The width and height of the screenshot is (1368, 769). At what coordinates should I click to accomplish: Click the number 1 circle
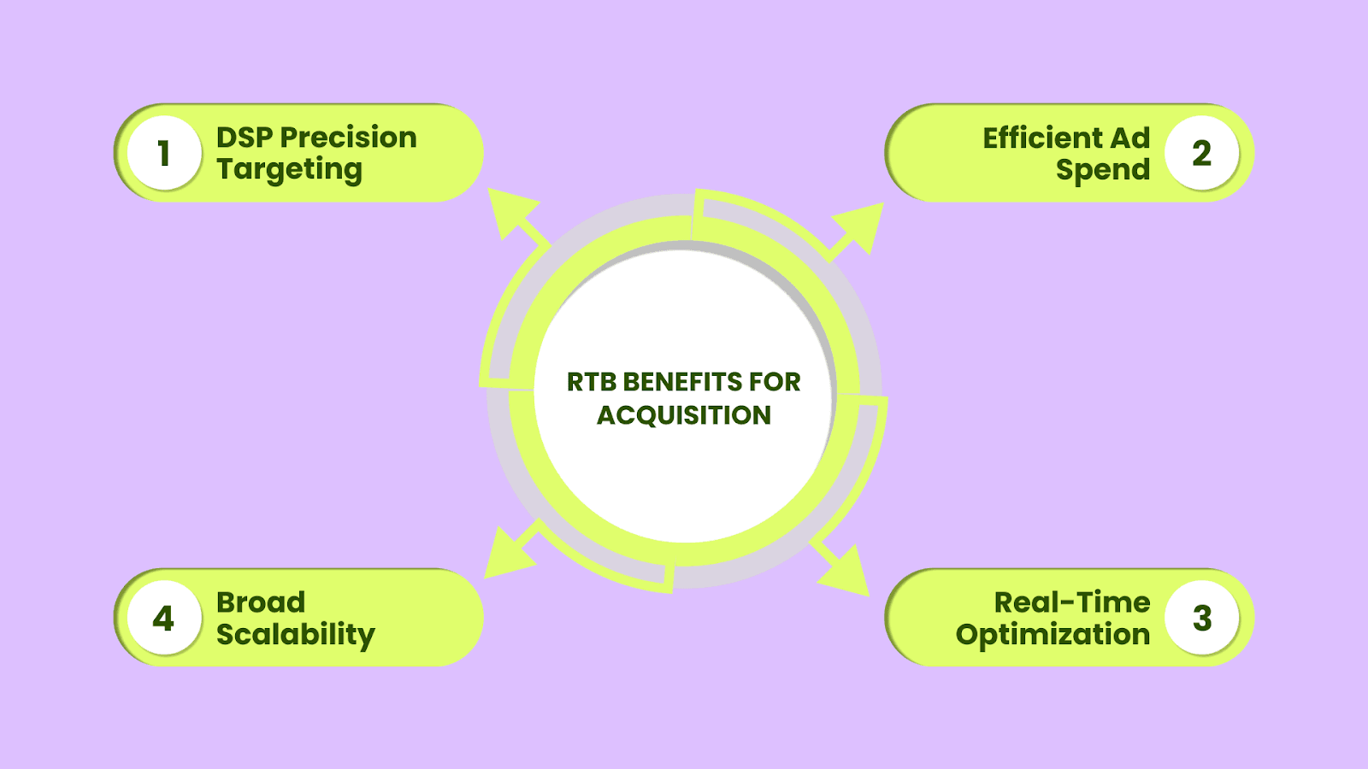click(x=164, y=153)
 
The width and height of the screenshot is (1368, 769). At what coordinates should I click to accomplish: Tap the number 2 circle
click(x=1202, y=153)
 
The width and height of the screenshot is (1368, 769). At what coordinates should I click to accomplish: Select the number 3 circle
click(x=1202, y=618)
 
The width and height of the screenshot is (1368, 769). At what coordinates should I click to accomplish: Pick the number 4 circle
click(x=164, y=618)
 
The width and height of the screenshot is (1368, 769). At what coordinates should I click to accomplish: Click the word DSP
click(x=245, y=138)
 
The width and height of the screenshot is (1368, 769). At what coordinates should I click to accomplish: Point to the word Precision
click(x=349, y=138)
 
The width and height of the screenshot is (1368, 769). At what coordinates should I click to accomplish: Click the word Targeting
click(x=290, y=170)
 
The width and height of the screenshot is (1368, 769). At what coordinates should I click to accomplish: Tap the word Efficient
click(x=1042, y=138)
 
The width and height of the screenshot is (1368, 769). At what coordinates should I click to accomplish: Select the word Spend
click(x=1103, y=170)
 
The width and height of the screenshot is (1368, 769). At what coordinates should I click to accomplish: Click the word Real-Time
click(x=1072, y=602)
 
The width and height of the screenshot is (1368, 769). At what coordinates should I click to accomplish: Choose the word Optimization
click(x=1053, y=635)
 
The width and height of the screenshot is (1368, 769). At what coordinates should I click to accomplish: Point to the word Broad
click(x=261, y=602)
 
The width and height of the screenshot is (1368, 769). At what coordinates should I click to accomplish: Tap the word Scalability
click(x=296, y=635)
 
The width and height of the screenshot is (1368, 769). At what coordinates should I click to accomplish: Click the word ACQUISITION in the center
click(x=684, y=415)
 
